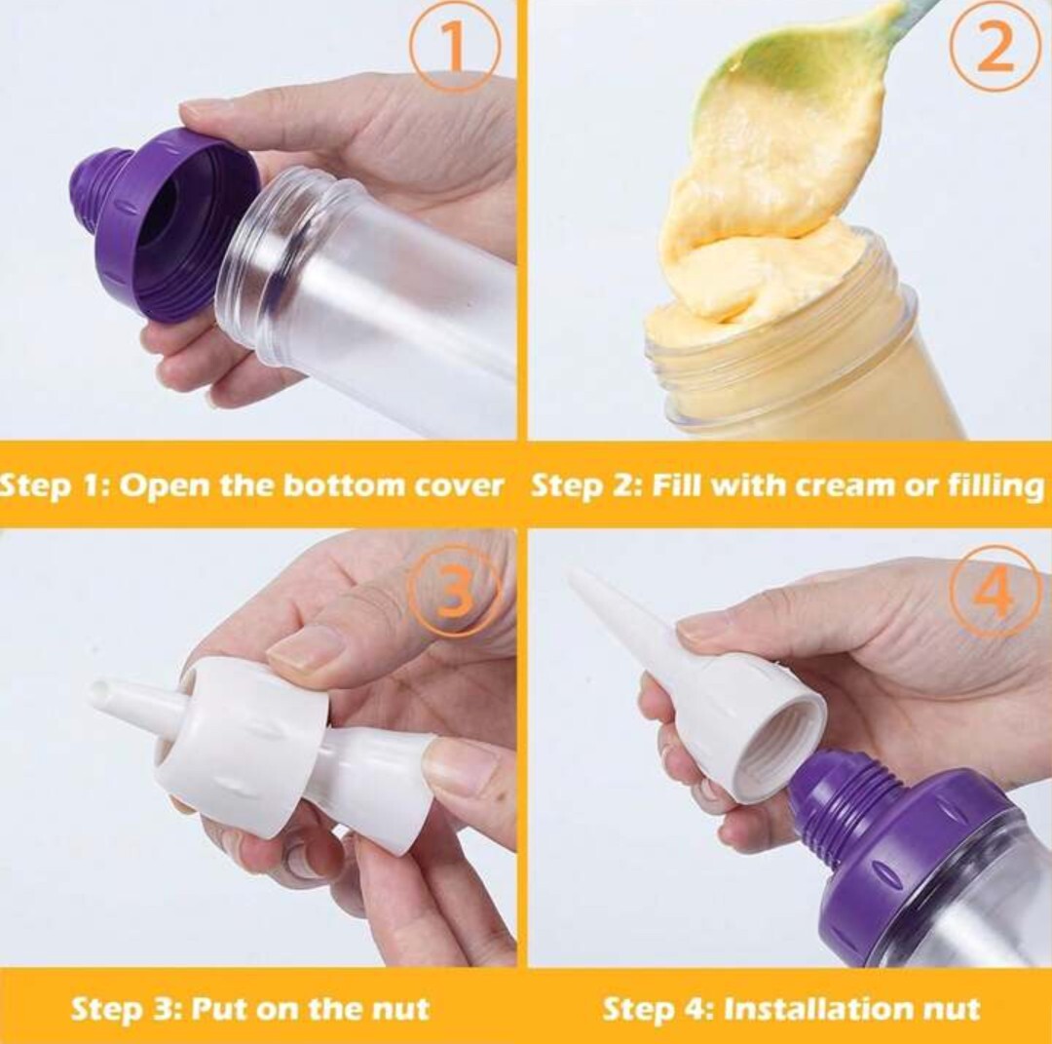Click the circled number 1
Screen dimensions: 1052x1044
click(455, 45)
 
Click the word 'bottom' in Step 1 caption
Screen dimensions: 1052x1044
click(343, 485)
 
